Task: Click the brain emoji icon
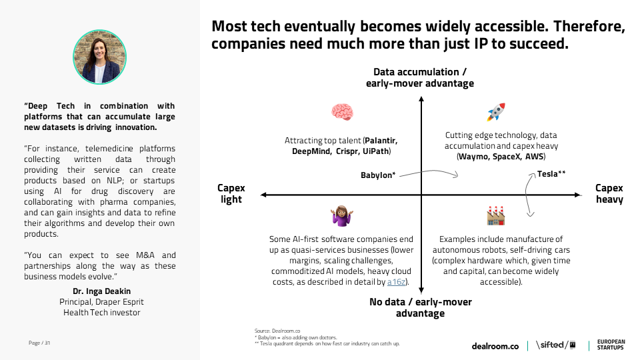pos(341,112)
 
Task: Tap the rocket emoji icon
pos(495,112)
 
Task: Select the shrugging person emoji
pos(341,215)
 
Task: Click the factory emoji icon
pos(495,215)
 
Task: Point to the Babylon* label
pos(379,175)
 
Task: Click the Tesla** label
pos(551,174)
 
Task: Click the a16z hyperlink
pos(397,283)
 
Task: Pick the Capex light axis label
pos(231,194)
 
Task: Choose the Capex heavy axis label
pos(609,194)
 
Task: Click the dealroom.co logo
pos(495,346)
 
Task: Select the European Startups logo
pos(610,345)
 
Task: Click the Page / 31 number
pos(40,343)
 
